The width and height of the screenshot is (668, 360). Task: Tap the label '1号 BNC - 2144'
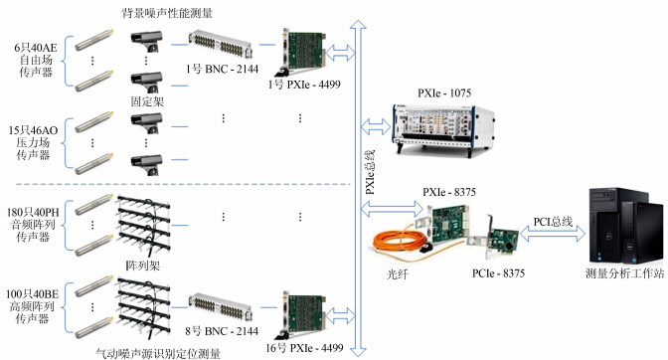click(222, 69)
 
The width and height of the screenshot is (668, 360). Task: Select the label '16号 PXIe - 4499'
click(304, 348)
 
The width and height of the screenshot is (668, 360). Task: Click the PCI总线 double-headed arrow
click(553, 233)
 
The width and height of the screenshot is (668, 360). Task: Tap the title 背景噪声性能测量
click(167, 13)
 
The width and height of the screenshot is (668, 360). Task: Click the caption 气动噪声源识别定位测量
click(158, 353)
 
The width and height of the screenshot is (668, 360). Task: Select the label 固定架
click(147, 101)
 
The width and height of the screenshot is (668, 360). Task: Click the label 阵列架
click(143, 266)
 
